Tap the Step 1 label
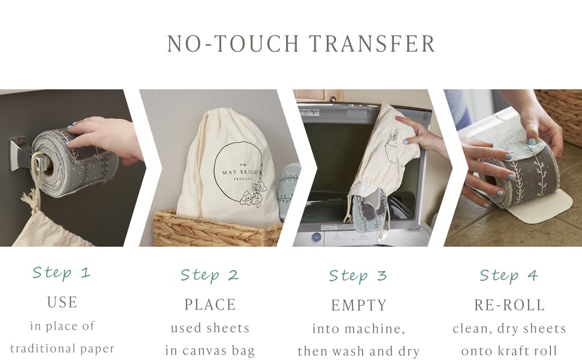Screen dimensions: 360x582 62,273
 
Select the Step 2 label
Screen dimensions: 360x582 210,275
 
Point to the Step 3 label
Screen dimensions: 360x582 358,276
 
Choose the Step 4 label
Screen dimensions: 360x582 509,275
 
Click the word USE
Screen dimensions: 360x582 62,302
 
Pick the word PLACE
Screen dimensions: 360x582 210,305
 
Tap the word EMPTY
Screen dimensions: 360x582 359,305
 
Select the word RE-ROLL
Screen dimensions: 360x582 509,305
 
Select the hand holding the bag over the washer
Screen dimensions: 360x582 420,135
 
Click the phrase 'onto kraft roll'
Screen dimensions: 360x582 509,351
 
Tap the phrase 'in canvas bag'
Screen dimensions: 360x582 210,351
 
